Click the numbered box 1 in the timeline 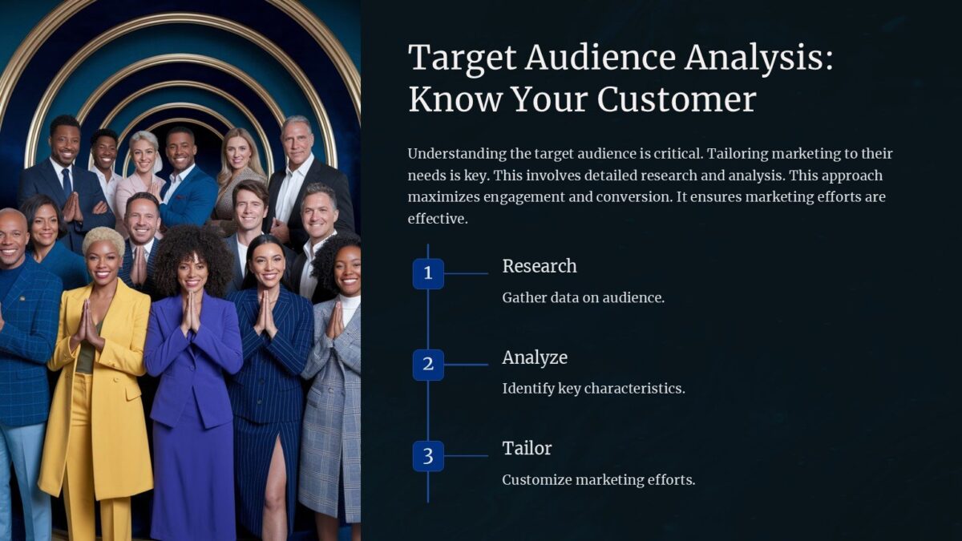(428, 273)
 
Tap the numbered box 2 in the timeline (428, 365)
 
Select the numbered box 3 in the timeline (428, 456)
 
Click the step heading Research (539, 266)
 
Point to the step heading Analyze (534, 357)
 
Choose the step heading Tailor (527, 448)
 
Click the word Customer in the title (676, 99)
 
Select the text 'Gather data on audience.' (583, 297)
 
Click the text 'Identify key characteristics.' (593, 389)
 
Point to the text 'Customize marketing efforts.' (598, 480)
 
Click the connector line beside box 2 (466, 365)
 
